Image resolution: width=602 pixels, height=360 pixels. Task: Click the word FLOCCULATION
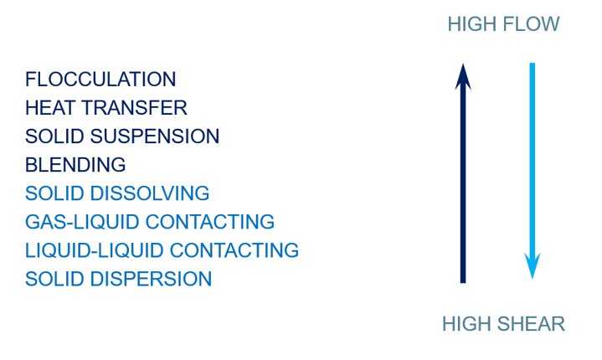(x=100, y=80)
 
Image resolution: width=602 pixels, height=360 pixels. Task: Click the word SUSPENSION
(x=155, y=136)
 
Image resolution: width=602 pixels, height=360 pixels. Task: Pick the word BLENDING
(x=75, y=165)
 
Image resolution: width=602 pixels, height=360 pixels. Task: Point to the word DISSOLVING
(x=150, y=193)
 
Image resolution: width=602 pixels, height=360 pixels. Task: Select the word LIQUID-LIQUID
(x=95, y=250)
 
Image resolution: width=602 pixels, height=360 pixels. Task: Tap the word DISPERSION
(x=151, y=279)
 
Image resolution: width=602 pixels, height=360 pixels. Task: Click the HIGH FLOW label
(x=503, y=24)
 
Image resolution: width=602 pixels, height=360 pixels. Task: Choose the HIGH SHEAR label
(x=503, y=324)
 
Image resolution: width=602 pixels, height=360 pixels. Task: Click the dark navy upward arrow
(x=463, y=173)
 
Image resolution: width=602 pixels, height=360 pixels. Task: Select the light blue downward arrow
(x=533, y=171)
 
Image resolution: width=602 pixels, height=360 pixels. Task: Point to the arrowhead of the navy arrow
(x=463, y=76)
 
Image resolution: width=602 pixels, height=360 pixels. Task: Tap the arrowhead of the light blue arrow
(x=533, y=266)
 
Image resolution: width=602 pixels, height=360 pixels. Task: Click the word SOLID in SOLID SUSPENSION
(x=54, y=136)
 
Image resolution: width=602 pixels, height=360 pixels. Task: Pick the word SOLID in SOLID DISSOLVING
(x=54, y=193)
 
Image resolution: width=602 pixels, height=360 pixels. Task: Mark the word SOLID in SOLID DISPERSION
(x=54, y=279)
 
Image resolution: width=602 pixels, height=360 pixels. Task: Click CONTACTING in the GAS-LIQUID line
(x=210, y=222)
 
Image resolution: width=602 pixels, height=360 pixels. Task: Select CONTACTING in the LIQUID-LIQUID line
(x=234, y=250)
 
